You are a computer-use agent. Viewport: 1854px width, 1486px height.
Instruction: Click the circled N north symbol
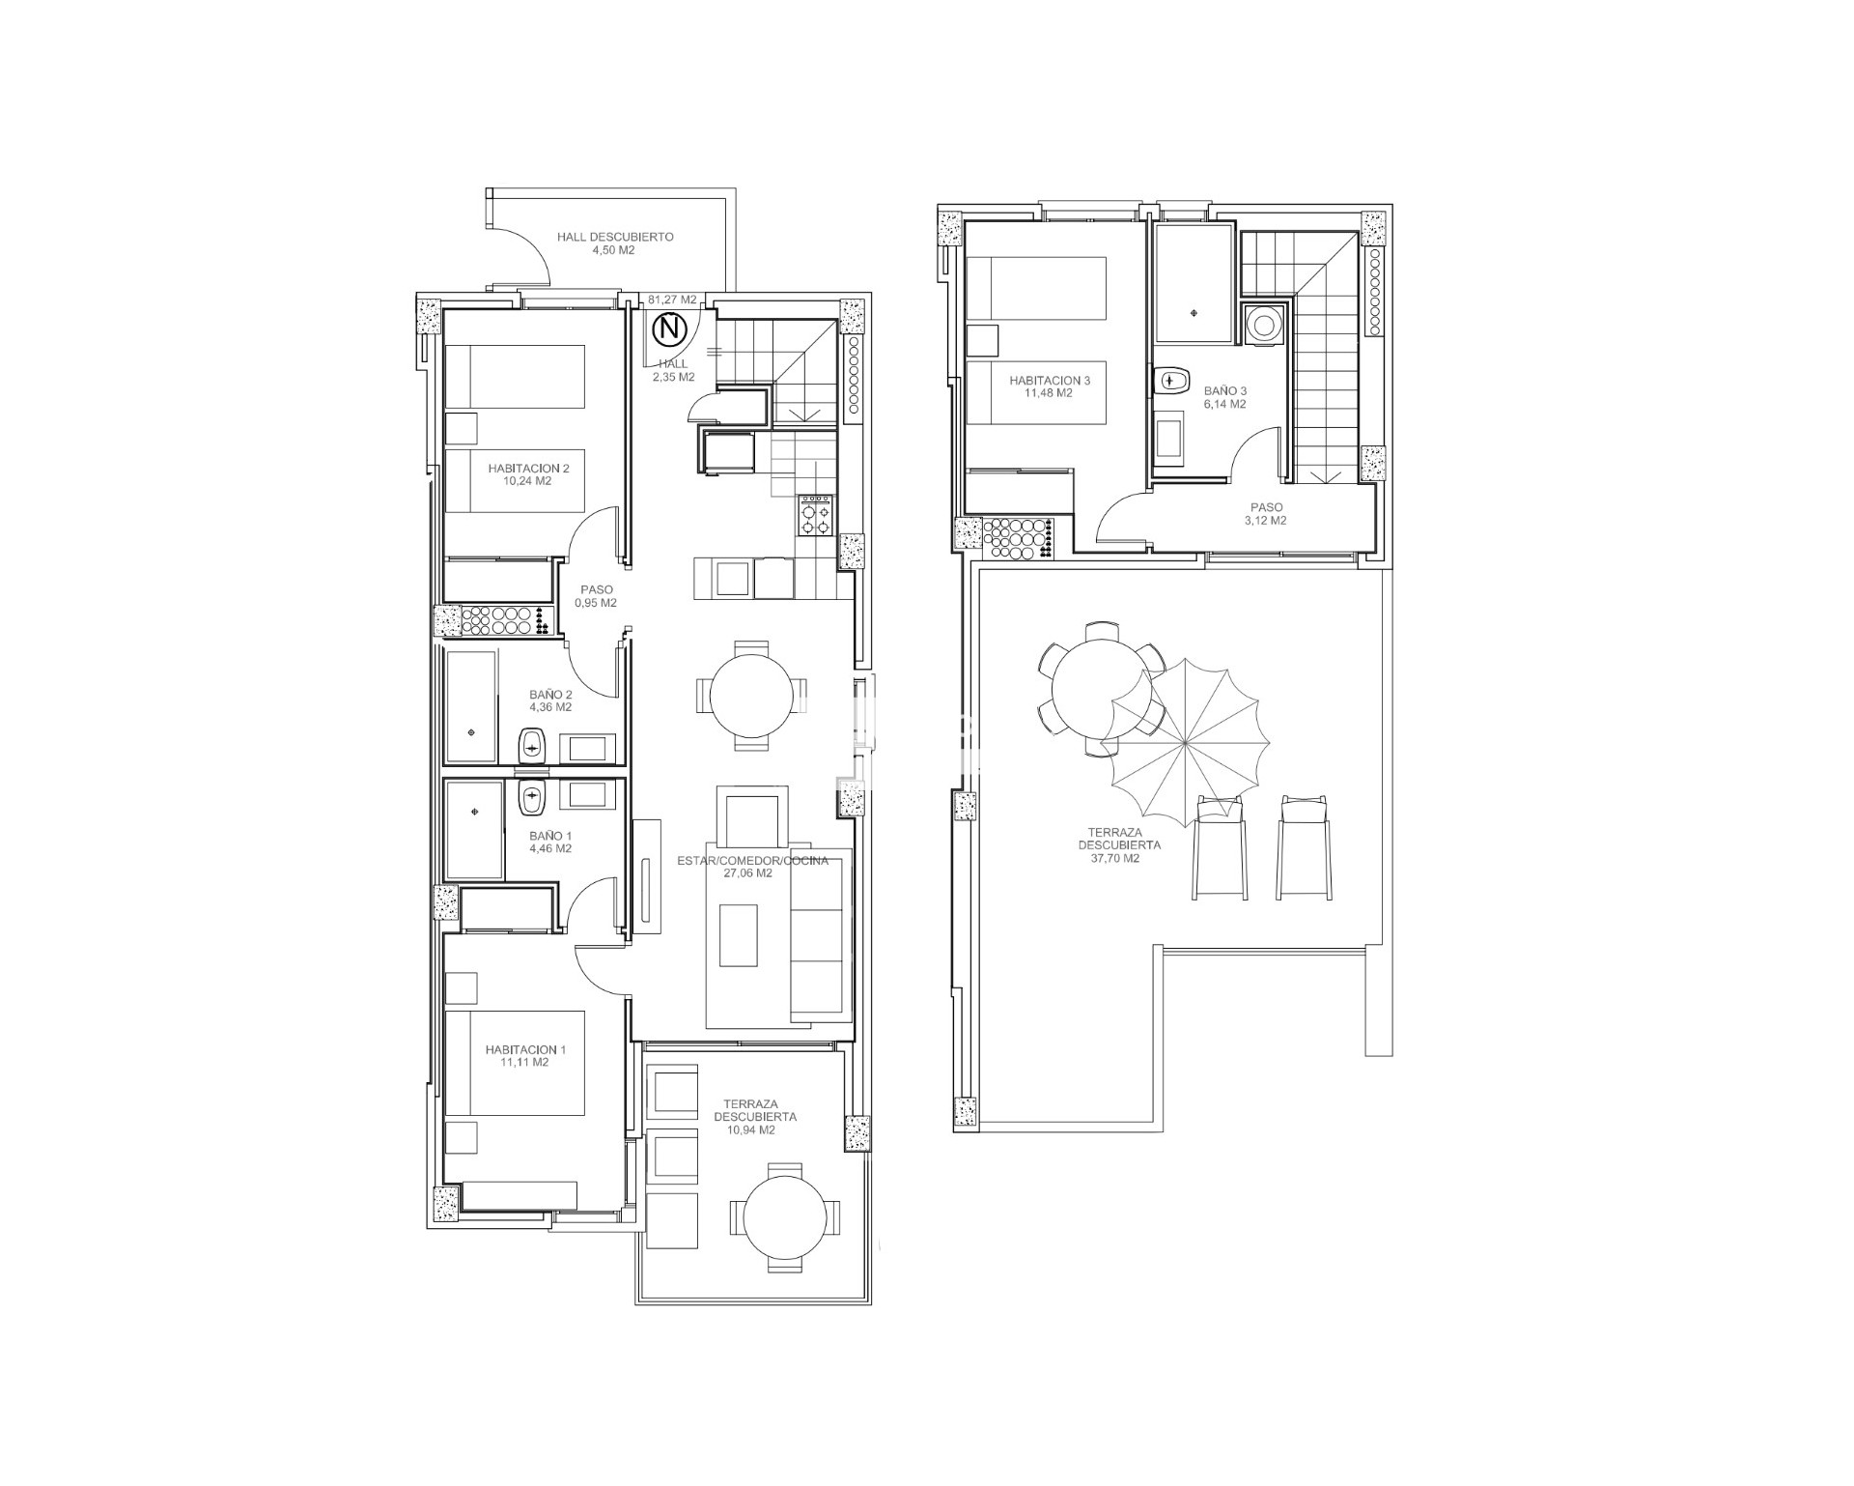668,330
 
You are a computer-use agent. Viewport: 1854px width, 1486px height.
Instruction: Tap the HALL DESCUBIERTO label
614,237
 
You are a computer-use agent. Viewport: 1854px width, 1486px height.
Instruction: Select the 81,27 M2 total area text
672,300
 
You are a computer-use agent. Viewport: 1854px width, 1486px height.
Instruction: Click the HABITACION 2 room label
528,469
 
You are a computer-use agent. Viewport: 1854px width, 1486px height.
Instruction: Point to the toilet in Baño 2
531,745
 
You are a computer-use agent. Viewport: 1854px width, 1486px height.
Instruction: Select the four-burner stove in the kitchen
814,514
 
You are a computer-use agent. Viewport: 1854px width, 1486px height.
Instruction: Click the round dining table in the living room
750,696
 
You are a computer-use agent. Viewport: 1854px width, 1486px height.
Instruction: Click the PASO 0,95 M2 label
596,596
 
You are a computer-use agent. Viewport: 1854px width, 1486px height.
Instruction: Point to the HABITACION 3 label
1050,381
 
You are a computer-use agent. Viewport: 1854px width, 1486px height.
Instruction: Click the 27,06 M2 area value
748,873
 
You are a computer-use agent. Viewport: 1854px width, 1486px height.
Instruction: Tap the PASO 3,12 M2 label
1267,514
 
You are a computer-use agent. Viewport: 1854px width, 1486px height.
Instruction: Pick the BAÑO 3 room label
1224,391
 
